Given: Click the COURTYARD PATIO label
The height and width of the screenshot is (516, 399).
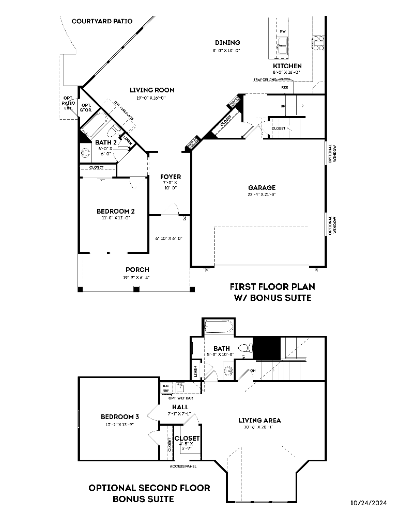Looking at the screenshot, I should click(102, 21).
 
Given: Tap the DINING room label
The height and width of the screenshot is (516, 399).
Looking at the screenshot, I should click(227, 43).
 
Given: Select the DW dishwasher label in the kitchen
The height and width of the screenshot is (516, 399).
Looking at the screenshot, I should click(282, 31).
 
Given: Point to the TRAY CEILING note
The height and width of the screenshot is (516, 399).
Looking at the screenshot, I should click(264, 80).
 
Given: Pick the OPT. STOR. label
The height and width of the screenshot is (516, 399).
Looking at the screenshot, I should click(86, 107).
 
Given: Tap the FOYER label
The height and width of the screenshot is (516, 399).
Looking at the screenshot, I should click(170, 177).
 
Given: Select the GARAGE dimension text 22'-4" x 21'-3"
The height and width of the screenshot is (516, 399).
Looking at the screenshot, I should click(262, 195).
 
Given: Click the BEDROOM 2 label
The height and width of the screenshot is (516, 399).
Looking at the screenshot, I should click(116, 211).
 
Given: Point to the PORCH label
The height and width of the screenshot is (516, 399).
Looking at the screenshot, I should click(137, 269).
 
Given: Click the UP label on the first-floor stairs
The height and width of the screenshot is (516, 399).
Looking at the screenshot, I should click(282, 106).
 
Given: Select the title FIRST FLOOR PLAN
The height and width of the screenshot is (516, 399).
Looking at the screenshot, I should click(272, 287).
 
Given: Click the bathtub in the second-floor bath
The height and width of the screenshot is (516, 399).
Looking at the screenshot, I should click(219, 328).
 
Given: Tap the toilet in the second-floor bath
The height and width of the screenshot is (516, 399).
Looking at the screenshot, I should click(246, 349).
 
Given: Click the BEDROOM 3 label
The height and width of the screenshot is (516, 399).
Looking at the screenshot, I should click(120, 417).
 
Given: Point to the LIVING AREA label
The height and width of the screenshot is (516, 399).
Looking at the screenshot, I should click(259, 420).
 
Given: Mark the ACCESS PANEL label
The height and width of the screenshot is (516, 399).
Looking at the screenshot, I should click(183, 466).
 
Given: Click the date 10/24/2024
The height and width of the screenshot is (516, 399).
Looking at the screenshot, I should click(369, 503).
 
